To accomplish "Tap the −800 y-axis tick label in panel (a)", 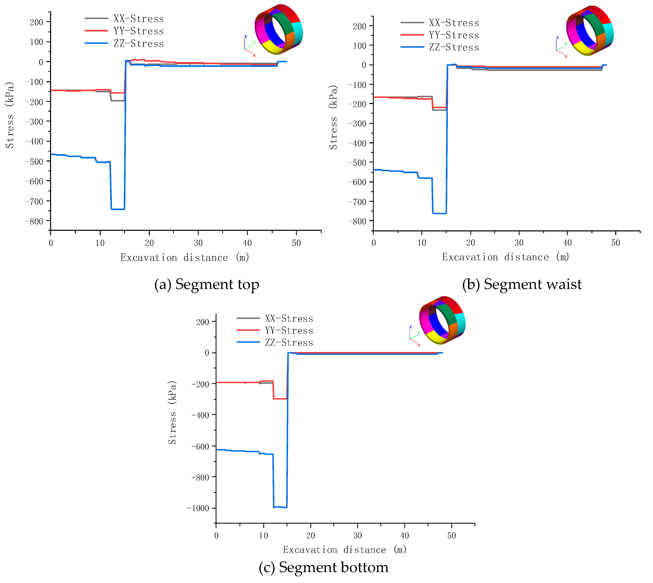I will pos(34,221).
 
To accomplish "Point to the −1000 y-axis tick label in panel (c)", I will pos(198,508).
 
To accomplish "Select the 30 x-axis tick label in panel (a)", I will pos(198,243).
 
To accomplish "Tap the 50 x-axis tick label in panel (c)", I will pos(451,535).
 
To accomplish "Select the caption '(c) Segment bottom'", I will pos(323,567).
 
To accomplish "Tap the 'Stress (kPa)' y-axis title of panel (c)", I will pos(172,413).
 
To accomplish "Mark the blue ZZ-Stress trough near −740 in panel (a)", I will pos(118,209).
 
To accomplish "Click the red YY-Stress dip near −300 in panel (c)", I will pos(280,399).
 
